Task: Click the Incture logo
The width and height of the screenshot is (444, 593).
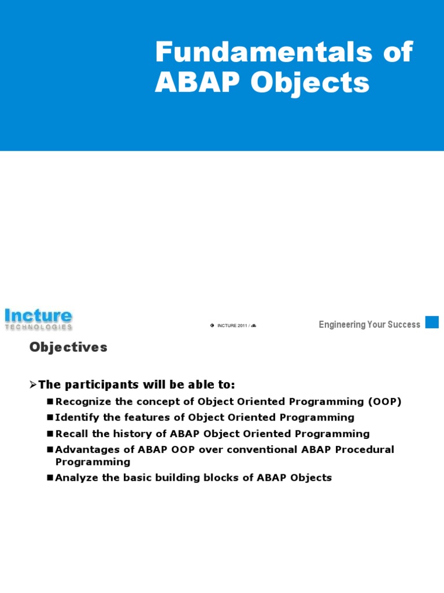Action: point(38,316)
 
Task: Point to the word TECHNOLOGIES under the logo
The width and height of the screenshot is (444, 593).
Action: point(38,327)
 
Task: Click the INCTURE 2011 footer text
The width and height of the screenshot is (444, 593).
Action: point(232,325)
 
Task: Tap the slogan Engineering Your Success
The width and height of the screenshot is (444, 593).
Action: point(369,324)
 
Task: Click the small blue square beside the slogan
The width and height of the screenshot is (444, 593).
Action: point(432,322)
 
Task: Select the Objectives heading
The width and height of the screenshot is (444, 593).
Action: point(68,347)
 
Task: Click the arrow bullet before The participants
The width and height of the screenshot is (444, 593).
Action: point(33,385)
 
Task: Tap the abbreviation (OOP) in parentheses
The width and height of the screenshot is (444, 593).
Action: point(383,401)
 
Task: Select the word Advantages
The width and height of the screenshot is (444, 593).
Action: point(86,450)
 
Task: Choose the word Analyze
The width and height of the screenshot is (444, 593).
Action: point(75,478)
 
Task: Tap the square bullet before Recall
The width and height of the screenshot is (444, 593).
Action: point(50,434)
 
